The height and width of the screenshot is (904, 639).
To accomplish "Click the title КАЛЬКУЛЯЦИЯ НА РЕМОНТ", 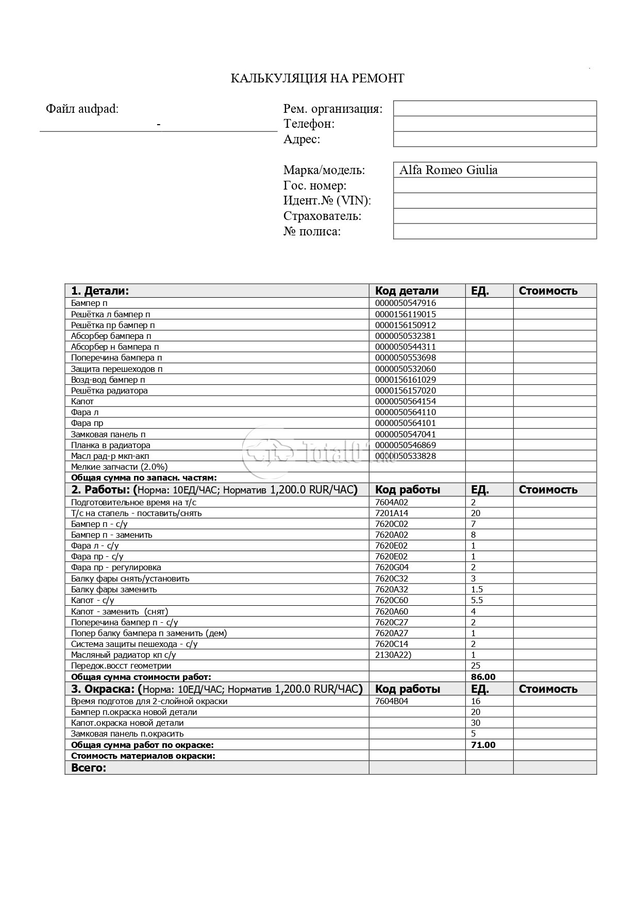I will pyautogui.click(x=317, y=78).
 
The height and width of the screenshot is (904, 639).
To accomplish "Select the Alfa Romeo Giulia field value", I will pyautogui.click(x=448, y=170).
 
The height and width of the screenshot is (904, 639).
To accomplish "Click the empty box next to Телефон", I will pyautogui.click(x=495, y=124).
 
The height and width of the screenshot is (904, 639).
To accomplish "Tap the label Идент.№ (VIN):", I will pyautogui.click(x=327, y=201).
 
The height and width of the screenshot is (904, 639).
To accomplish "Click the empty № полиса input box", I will pyautogui.click(x=495, y=232).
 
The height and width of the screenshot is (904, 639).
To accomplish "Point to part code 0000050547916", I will pyautogui.click(x=406, y=303).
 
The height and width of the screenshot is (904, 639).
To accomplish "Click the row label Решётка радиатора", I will pyautogui.click(x=109, y=390).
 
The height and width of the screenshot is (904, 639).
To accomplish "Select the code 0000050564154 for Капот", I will pyautogui.click(x=406, y=401).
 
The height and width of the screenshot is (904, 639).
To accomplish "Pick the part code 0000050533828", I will pyautogui.click(x=406, y=456).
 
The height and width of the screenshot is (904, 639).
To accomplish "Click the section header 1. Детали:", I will pyautogui.click(x=100, y=291).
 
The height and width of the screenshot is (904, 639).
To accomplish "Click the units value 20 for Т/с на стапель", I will pyautogui.click(x=476, y=513).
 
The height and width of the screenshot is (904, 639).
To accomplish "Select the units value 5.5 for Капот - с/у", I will pyautogui.click(x=477, y=600).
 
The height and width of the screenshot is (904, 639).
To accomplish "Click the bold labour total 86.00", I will pyautogui.click(x=483, y=677).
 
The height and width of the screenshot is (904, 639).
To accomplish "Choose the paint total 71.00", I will pyautogui.click(x=483, y=745).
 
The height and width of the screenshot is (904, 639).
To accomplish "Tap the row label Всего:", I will pyautogui.click(x=89, y=767).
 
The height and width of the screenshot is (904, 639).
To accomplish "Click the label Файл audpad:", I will pyautogui.click(x=82, y=109).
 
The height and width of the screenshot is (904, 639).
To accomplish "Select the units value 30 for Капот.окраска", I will pyautogui.click(x=476, y=723).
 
